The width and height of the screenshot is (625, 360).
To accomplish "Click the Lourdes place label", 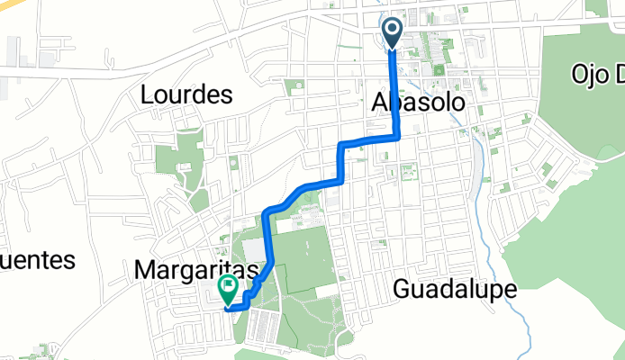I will coord(187,95).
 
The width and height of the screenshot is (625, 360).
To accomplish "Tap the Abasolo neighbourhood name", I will coord(419,103).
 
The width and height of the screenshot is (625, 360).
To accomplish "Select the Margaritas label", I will coord(196,268).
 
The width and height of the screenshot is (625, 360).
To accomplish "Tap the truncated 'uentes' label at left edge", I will coord(36,260).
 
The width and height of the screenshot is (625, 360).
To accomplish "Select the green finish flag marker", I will coord(228,289).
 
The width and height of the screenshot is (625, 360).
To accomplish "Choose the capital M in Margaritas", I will coord(144,268).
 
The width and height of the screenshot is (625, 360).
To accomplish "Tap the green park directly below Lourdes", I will coord(177,158).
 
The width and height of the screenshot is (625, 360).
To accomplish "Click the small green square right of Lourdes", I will coord(294,88).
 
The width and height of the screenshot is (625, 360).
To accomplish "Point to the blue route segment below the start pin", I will coord(394,90).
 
